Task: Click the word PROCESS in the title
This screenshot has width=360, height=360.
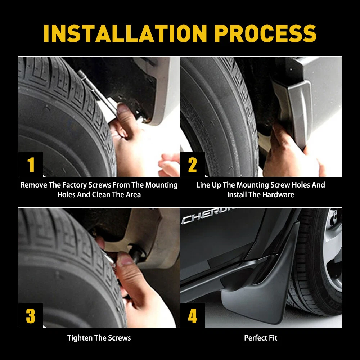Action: pos(265,33)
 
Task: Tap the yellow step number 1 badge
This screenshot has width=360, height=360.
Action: pos(31,165)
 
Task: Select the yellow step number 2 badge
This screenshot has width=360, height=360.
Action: pos(193,165)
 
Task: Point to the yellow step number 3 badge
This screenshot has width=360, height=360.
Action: pos(31,316)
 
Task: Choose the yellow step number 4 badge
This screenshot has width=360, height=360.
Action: pos(193,316)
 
